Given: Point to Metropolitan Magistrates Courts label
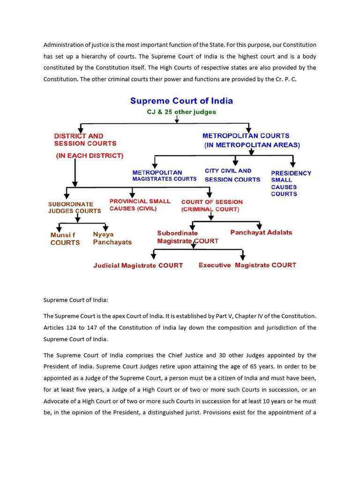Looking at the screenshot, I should point(164,176).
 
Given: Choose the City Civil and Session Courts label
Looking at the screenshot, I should point(232,175).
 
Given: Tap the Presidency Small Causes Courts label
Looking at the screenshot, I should point(291,183).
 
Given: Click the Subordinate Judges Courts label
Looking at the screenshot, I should point(75,207).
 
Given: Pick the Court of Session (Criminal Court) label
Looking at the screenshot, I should point(212,206).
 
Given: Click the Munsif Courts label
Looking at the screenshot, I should point(65,239).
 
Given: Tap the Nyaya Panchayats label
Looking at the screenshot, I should point(112,239).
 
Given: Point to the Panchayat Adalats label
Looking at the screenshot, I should point(261,232).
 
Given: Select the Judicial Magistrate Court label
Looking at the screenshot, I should point(138,265).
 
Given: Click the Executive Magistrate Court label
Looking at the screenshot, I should point(247,265).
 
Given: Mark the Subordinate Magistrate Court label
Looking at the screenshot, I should point(187,237).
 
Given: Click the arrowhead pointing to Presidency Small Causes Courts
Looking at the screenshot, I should point(292,164).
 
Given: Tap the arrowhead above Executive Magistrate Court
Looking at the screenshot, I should point(243,256).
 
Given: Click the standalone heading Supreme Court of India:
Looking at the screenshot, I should point(75,299).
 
